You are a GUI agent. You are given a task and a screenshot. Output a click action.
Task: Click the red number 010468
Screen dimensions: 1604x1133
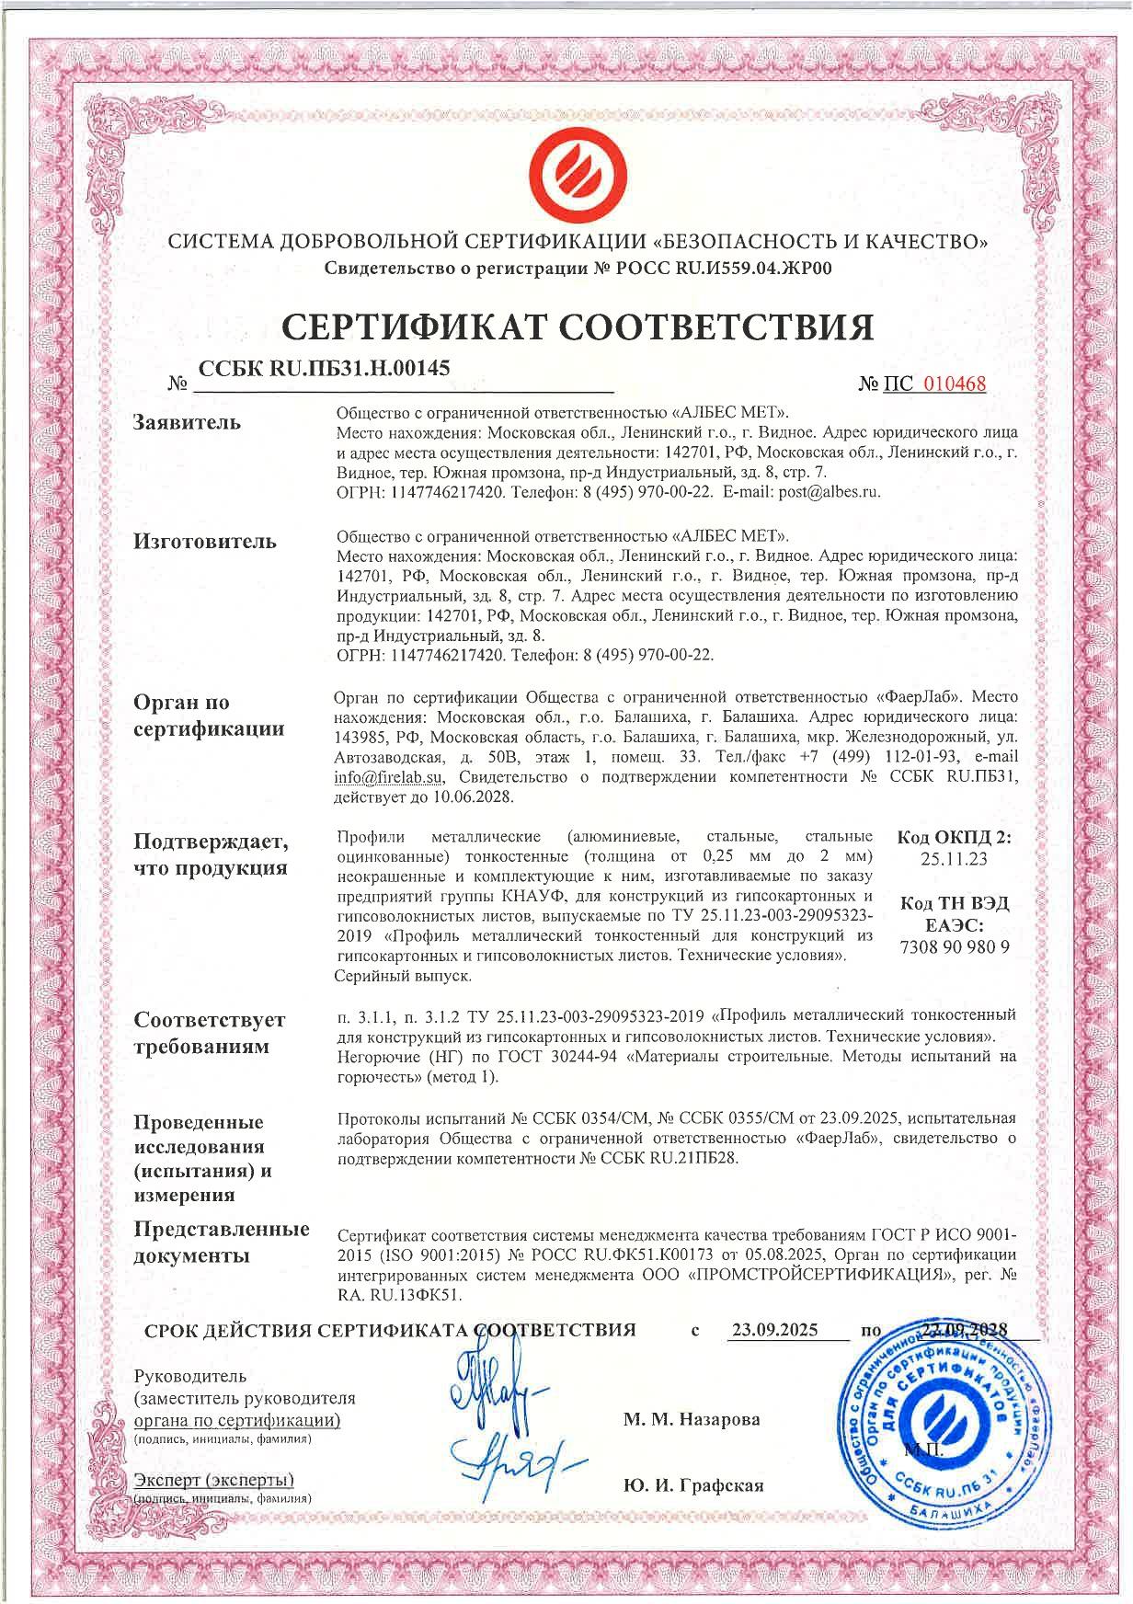954,384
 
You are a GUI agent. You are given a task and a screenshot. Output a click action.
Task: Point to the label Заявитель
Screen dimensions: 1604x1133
188,423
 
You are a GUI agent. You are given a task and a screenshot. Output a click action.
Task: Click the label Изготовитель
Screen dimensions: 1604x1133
205,541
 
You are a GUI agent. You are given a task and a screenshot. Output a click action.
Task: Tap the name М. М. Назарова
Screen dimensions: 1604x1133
692,1419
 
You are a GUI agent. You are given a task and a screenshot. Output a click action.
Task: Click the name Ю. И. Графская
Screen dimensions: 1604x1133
692,1485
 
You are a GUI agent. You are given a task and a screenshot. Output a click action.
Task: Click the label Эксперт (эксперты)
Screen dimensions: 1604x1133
213,1480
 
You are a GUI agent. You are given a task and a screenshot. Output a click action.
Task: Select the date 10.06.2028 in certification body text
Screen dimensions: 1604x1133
479,797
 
